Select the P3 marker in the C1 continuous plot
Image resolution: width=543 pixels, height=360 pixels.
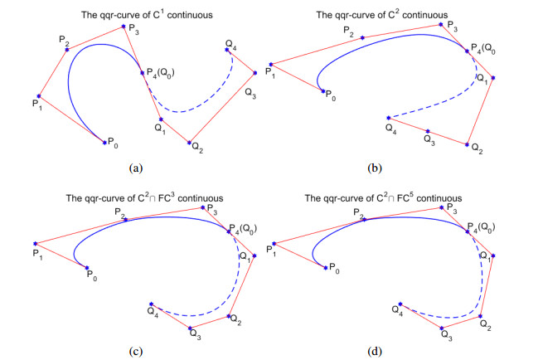(x=124, y=27)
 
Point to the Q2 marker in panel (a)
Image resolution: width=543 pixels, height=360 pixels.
(x=190, y=143)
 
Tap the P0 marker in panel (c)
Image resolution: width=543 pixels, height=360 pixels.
(x=86, y=267)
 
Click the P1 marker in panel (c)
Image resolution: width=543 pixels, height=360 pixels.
(x=35, y=243)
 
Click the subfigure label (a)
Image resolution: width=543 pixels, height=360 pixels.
(x=134, y=167)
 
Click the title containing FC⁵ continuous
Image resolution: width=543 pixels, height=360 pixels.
(x=383, y=197)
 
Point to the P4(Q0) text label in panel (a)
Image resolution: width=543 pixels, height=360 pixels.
(x=164, y=73)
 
